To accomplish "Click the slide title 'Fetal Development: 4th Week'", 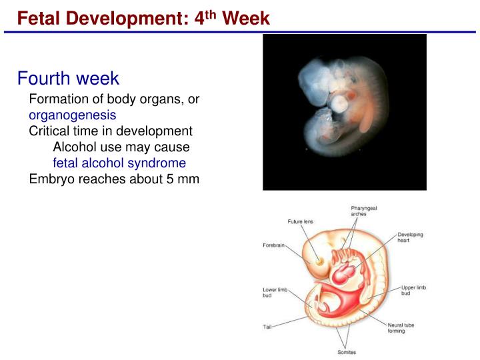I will tap(143, 18).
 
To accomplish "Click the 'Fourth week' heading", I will tap(68, 78).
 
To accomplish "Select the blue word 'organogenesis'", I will tap(72, 115).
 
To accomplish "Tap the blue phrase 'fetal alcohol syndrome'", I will tap(119, 163).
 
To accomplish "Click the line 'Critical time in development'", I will tap(111, 131).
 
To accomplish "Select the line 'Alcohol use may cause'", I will tap(121, 147).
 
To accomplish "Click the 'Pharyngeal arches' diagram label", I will tap(364, 211).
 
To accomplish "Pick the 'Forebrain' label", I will tap(274, 245).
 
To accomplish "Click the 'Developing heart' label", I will tap(410, 237).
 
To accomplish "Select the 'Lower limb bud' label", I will tap(275, 292).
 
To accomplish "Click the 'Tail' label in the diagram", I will tap(267, 327).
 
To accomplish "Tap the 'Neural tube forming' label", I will tap(401, 328).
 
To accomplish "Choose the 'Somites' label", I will tap(346, 352).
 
